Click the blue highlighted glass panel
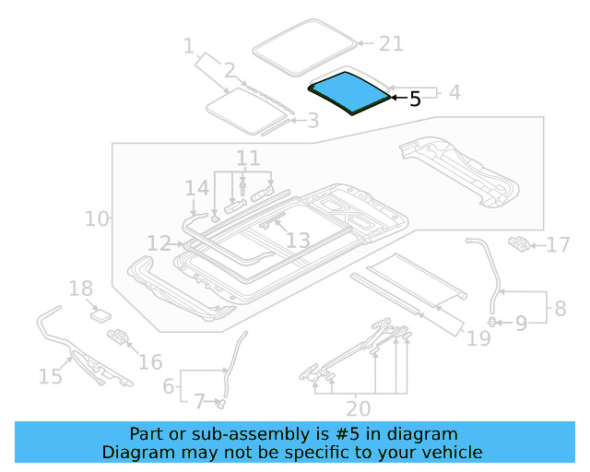point(347,93)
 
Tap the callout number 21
point(392,43)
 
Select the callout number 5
point(414,99)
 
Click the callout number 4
point(454,93)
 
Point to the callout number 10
point(96,218)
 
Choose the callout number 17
point(559,245)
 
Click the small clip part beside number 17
point(519,243)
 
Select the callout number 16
point(150,360)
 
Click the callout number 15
point(50,375)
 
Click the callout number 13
point(298,241)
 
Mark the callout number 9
point(520,323)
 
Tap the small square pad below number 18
point(99,314)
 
